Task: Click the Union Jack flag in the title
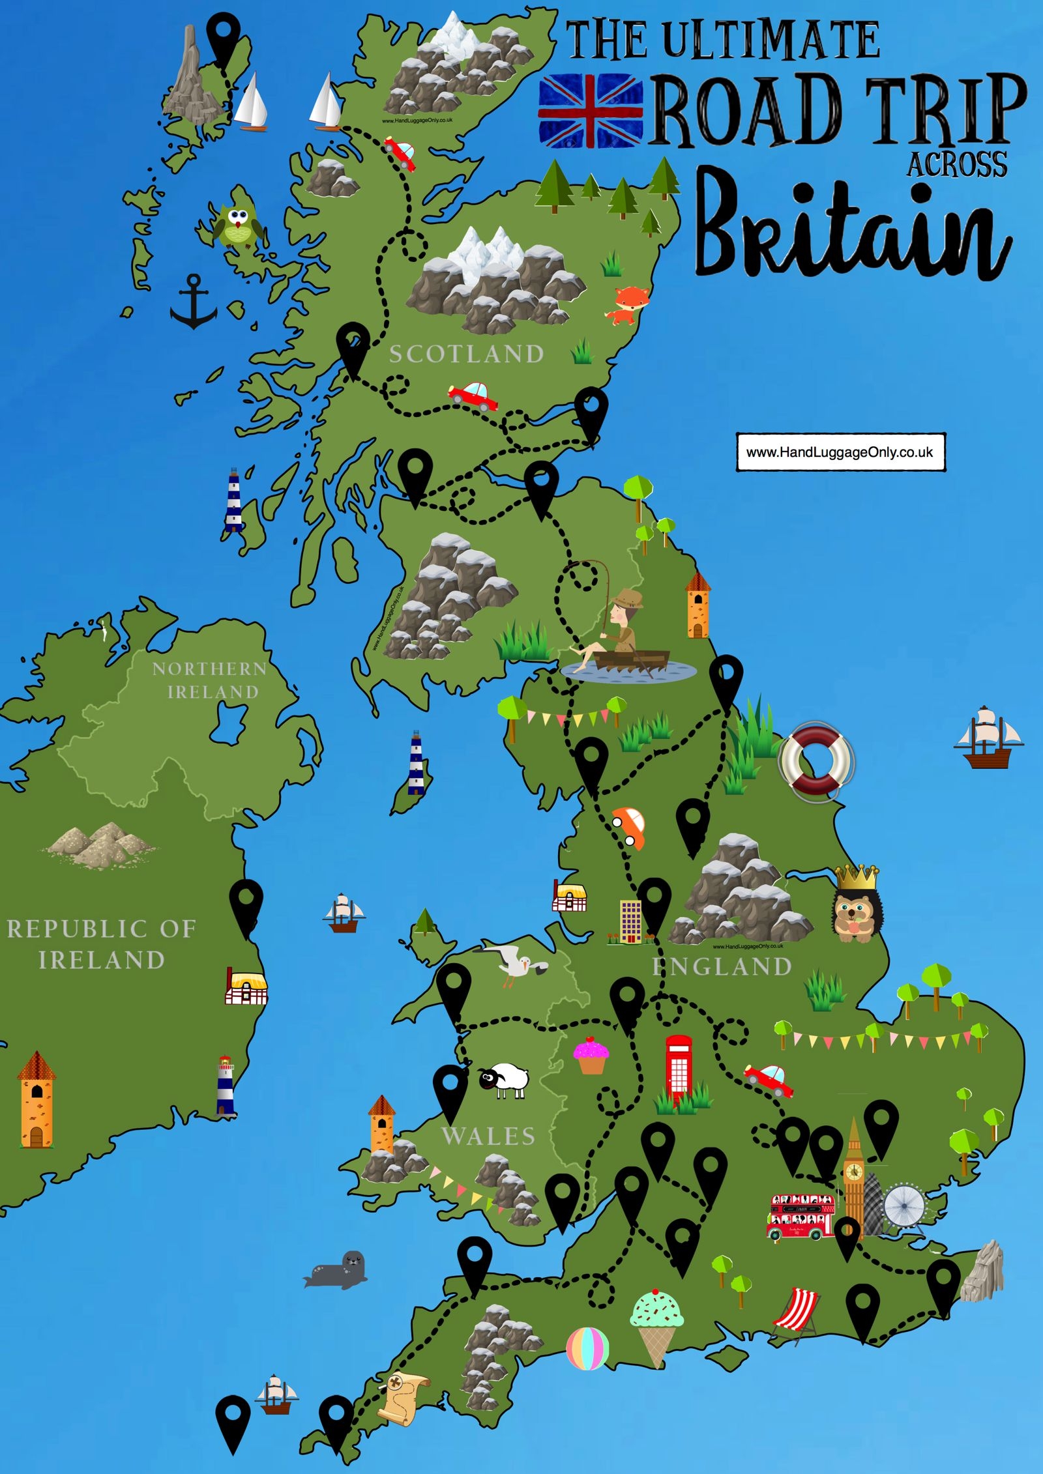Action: pyautogui.click(x=591, y=111)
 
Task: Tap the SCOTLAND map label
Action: pyautogui.click(x=467, y=354)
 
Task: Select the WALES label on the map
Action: pyautogui.click(x=488, y=1136)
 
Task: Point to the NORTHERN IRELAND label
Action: pyautogui.click(x=211, y=680)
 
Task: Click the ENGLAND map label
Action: pyautogui.click(x=722, y=967)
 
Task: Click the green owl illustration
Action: pyautogui.click(x=239, y=225)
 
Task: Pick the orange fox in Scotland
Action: pyautogui.click(x=630, y=304)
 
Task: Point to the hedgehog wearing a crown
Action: pyautogui.click(x=857, y=906)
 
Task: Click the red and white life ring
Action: pyautogui.click(x=817, y=760)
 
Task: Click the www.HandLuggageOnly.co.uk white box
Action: pyautogui.click(x=840, y=452)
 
